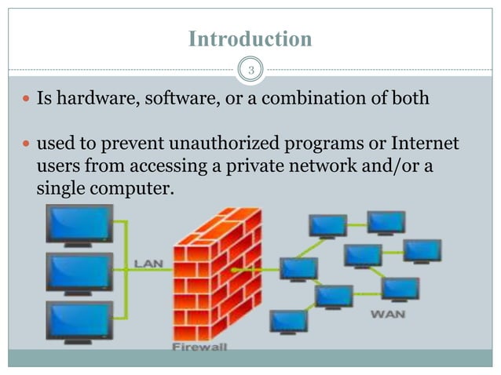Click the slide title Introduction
[x=250, y=39]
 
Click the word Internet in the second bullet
[x=421, y=145]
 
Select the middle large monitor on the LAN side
[x=79, y=271]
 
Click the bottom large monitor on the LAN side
[x=79, y=319]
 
